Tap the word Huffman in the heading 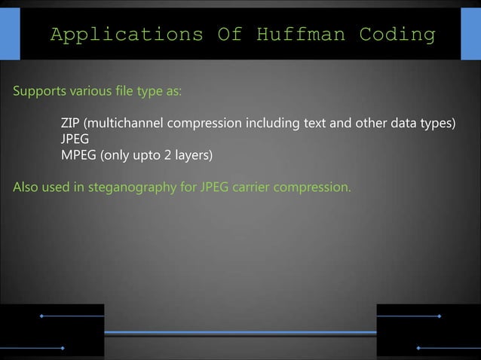click(x=301, y=35)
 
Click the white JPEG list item click(x=75, y=139)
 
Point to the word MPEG click(x=78, y=156)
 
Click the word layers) click(x=194, y=156)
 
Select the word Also click(x=26, y=187)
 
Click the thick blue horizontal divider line click(x=240, y=332)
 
